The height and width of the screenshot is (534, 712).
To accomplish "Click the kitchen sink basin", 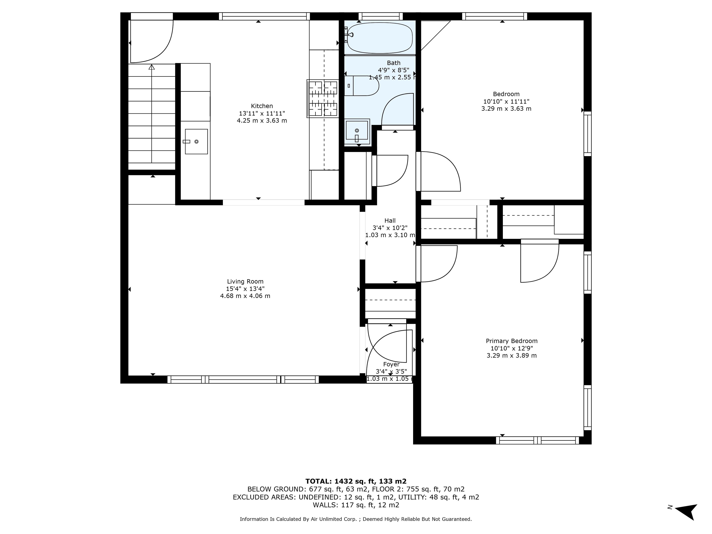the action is click(x=196, y=142).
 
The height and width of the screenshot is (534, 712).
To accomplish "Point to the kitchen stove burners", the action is click(x=323, y=98).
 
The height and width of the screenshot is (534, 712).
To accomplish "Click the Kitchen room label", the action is click(x=262, y=106).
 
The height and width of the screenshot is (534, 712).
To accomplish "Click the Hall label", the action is click(x=390, y=220).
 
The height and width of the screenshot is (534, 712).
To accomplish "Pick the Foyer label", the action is click(x=391, y=364).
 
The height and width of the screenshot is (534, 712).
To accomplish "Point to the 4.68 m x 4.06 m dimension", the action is click(x=245, y=296).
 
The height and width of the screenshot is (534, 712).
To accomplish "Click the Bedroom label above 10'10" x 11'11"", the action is click(x=506, y=94).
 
